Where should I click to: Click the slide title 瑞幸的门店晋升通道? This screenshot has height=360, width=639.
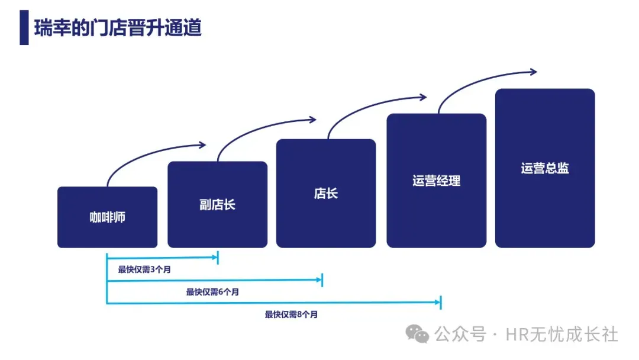tap(118, 27)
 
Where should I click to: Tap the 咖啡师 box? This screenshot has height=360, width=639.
tap(107, 217)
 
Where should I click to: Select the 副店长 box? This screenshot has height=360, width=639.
tap(217, 204)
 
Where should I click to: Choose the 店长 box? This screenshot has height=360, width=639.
tap(325, 193)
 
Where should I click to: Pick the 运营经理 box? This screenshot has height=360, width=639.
tap(436, 181)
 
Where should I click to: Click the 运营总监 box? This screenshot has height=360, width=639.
tap(544, 168)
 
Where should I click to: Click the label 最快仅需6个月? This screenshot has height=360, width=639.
tap(212, 291)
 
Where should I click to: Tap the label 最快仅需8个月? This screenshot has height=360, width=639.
tap(291, 314)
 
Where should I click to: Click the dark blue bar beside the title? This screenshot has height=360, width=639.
tap(24, 27)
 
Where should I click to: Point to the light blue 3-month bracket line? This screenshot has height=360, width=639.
tap(163, 258)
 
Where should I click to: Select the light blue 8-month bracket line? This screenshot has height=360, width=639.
tap(272, 303)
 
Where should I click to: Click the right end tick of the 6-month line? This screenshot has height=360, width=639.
tap(322, 280)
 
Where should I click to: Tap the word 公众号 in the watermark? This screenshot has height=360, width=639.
tap(460, 335)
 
